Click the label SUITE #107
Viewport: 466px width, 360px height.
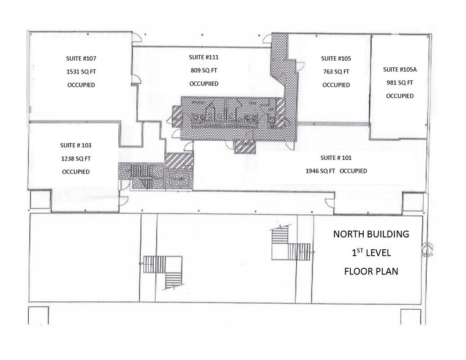pos(81,59)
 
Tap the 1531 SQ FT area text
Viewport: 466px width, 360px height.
pos(81,72)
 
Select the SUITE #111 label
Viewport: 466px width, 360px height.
pos(204,57)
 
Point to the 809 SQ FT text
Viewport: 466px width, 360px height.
pos(204,70)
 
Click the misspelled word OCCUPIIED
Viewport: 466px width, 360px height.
pos(205,83)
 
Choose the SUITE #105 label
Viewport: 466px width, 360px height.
pos(336,59)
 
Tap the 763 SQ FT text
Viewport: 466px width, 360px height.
pos(336,72)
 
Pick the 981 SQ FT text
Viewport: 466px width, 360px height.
pos(400,82)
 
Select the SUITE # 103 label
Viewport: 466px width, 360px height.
pos(76,145)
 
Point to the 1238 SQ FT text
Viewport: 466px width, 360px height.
pos(76,158)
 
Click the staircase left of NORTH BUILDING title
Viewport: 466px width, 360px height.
pos(290,244)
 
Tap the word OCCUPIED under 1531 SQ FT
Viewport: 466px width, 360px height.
pos(81,84)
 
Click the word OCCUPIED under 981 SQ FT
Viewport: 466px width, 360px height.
pos(400,96)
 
